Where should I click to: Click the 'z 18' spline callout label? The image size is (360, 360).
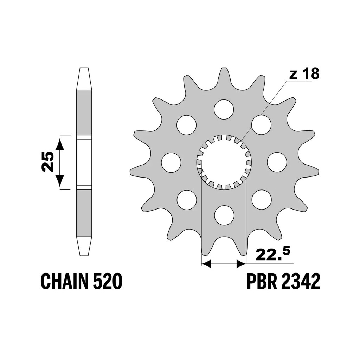pos(304,74)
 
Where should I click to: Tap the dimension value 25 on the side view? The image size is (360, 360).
pos(47,162)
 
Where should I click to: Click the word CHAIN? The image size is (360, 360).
pos(65,281)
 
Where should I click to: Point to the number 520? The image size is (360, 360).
pos(108,281)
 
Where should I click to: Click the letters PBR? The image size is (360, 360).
pos(261,281)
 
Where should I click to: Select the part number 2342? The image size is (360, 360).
pos(300,281)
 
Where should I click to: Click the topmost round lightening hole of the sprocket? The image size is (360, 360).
pos(224,109)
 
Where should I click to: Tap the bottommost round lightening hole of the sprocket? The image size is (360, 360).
pos(224,215)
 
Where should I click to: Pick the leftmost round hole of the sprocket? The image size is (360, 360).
pos(171,162)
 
